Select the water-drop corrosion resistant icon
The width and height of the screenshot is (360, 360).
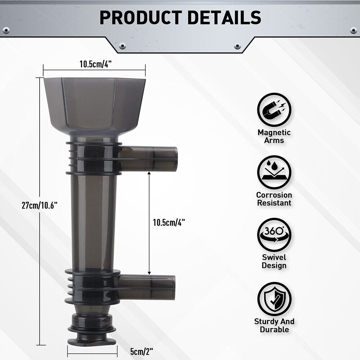pyautogui.click(x=274, y=172)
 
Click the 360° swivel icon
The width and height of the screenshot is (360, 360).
pyautogui.click(x=274, y=235)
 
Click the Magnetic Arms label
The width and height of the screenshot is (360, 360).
pyautogui.click(x=274, y=136)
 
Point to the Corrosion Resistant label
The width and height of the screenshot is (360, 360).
pyautogui.click(x=274, y=199)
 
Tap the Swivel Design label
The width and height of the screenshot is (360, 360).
pyautogui.click(x=274, y=261)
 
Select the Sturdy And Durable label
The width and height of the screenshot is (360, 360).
pyautogui.click(x=274, y=325)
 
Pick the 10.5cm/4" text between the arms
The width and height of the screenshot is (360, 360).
pyautogui.click(x=168, y=222)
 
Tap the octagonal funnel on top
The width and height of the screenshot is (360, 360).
pyautogui.click(x=94, y=104)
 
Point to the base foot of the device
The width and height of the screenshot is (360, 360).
pyautogui.click(x=91, y=329)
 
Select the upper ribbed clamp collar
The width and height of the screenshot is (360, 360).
pyautogui.click(x=93, y=158)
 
